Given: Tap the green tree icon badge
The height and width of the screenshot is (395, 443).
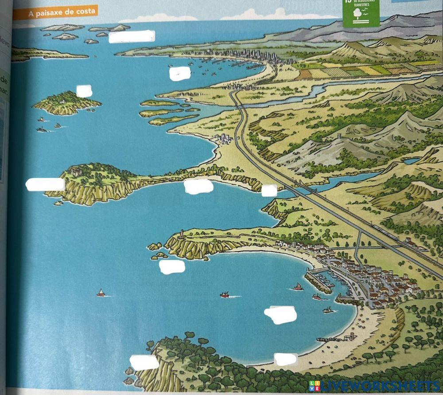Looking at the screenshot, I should [x=361, y=14].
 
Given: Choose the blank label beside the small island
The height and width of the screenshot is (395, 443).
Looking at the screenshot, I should [x=84, y=91].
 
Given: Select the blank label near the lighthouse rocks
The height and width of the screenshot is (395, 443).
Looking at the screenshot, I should [x=172, y=266].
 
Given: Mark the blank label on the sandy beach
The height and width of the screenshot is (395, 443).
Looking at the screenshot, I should [x=286, y=359].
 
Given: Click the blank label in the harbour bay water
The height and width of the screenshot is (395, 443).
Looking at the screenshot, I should [x=280, y=315].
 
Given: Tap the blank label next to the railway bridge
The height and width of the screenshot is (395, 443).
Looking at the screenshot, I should [x=269, y=191].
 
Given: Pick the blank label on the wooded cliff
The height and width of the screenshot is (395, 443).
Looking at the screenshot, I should [x=144, y=363].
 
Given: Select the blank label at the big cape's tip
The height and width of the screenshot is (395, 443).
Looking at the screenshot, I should [x=45, y=184].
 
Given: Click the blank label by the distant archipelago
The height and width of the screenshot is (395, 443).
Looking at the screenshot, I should [x=132, y=36].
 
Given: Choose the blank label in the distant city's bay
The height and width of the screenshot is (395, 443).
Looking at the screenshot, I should [x=180, y=73].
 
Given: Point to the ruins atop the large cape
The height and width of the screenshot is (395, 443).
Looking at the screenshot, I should [x=75, y=170].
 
